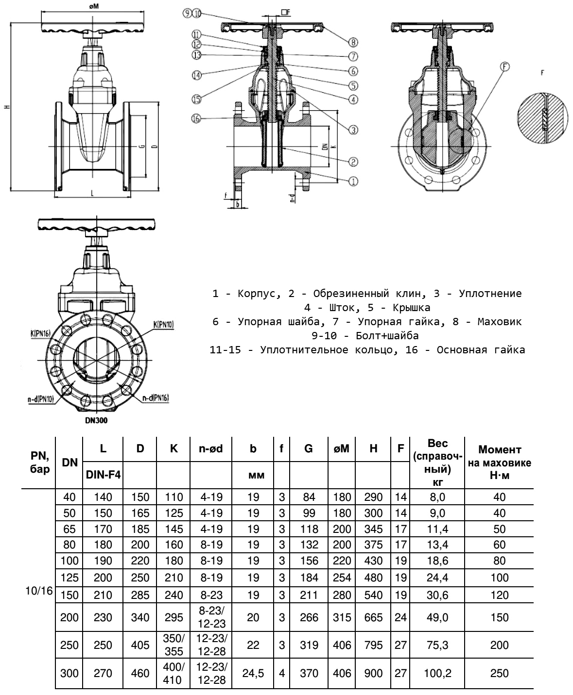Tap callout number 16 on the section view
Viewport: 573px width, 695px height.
click(x=196, y=118)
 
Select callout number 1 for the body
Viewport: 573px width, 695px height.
click(x=353, y=181)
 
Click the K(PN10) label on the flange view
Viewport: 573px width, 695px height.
click(x=163, y=325)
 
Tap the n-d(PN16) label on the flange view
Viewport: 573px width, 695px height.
click(x=156, y=398)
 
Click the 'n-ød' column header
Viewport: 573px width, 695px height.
click(x=210, y=449)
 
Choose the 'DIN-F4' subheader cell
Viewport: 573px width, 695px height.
click(x=104, y=475)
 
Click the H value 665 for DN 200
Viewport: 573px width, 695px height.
click(x=373, y=617)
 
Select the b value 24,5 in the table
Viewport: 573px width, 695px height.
click(x=253, y=673)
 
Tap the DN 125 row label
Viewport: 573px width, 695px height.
click(x=70, y=578)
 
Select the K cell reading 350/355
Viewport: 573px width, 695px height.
click(x=174, y=645)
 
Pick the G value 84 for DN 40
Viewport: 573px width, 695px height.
click(x=309, y=497)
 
